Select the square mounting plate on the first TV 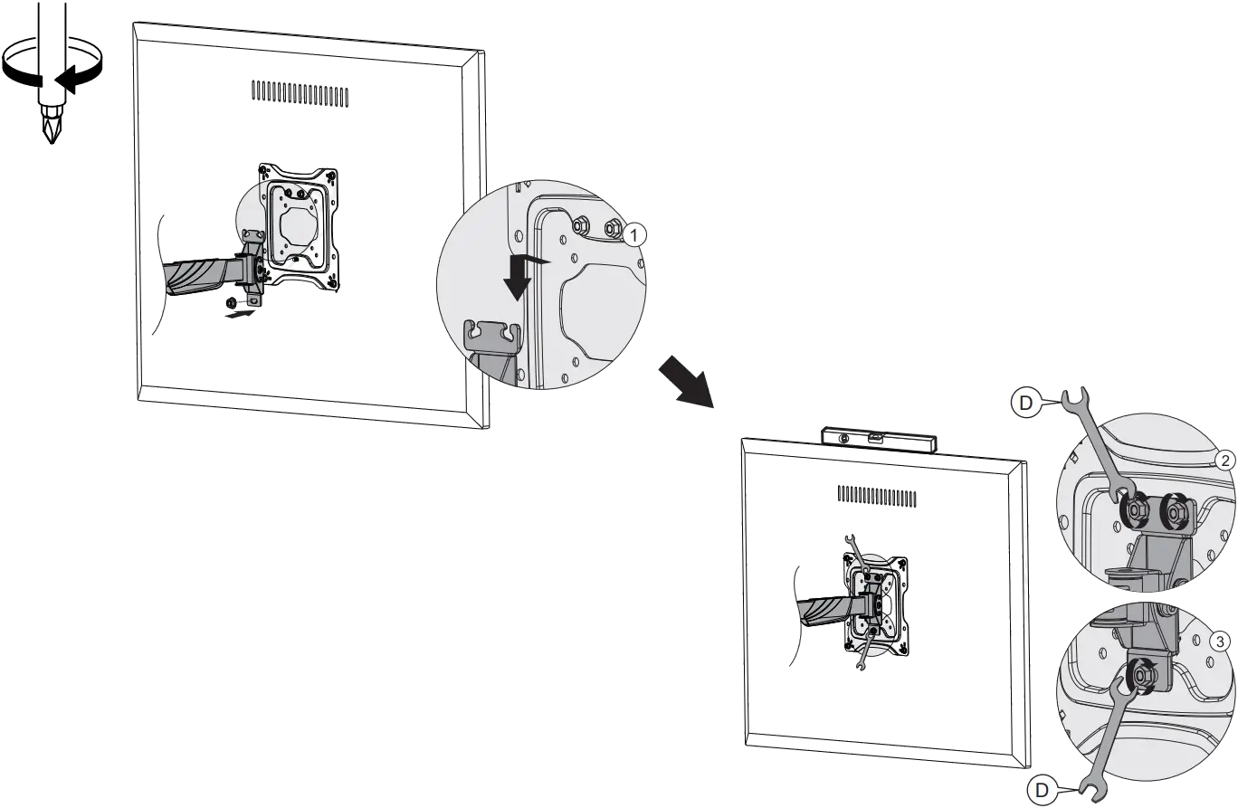click(x=297, y=228)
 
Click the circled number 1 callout click(x=635, y=234)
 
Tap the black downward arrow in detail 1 click(x=518, y=276)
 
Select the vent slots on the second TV click(x=876, y=497)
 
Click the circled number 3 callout click(x=1220, y=642)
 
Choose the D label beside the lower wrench click(x=1041, y=790)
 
